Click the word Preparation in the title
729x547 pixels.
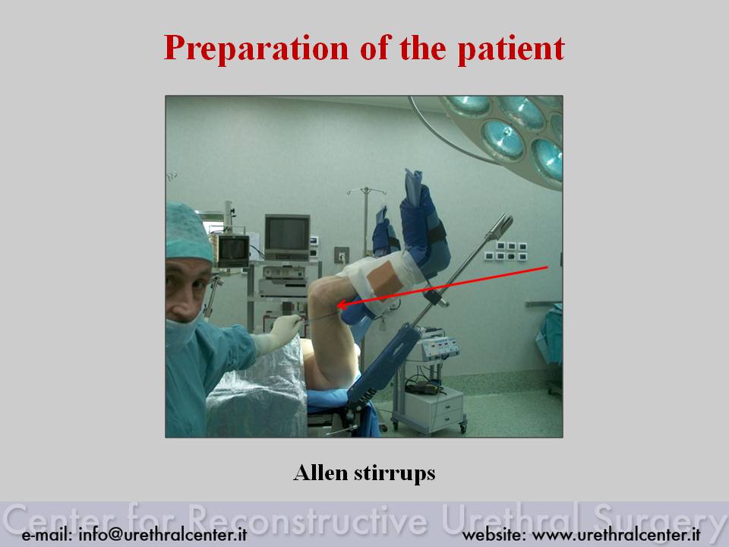tap(256, 49)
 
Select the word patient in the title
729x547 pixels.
tap(511, 49)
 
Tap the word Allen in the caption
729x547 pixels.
tap(320, 473)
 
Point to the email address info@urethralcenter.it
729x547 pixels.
tap(163, 534)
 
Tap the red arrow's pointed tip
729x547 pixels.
tap(337, 305)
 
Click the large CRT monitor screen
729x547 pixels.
tap(287, 235)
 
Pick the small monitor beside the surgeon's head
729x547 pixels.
tap(233, 250)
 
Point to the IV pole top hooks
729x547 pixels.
tap(366, 191)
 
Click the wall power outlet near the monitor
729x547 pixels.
tap(342, 255)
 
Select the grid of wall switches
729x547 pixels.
tap(506, 251)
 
